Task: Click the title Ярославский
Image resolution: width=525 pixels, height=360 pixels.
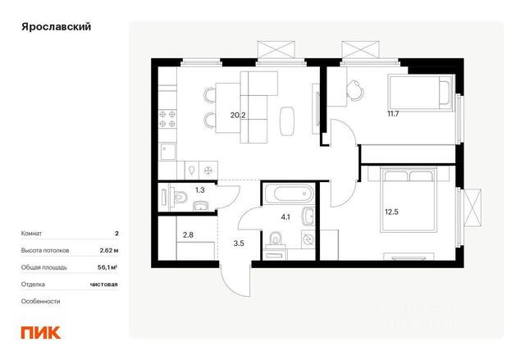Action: pyautogui.click(x=57, y=27)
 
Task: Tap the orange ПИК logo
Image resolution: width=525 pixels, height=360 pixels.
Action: pyautogui.click(x=41, y=333)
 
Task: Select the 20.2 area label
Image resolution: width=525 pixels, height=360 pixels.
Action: pyautogui.click(x=238, y=116)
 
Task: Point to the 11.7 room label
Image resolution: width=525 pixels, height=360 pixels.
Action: pyautogui.click(x=393, y=114)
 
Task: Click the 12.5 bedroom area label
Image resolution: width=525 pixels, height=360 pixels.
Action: pyautogui.click(x=391, y=212)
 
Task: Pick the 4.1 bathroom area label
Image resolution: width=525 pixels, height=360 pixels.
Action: pyautogui.click(x=285, y=217)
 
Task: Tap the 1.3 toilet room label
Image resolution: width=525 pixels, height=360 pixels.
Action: pyautogui.click(x=200, y=190)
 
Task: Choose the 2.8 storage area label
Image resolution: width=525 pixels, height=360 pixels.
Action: pyautogui.click(x=188, y=235)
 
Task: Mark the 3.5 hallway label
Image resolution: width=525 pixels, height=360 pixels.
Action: pyautogui.click(x=239, y=244)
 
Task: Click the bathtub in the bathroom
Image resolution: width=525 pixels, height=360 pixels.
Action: pyautogui.click(x=289, y=194)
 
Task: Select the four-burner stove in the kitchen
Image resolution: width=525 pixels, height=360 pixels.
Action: pyautogui.click(x=167, y=119)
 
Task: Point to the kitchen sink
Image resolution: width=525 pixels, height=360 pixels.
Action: pyautogui.click(x=167, y=152)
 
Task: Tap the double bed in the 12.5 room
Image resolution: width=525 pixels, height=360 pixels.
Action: pyautogui.click(x=409, y=200)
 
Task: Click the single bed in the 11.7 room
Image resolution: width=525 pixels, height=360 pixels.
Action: pyautogui.click(x=421, y=93)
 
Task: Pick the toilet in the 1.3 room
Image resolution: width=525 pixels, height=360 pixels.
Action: pyautogui.click(x=180, y=197)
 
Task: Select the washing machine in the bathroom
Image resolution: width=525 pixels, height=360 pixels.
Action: pyautogui.click(x=308, y=239)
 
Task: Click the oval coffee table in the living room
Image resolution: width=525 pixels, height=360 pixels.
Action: pyautogui.click(x=287, y=121)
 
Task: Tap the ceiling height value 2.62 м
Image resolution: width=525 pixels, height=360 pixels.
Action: pyautogui.click(x=109, y=250)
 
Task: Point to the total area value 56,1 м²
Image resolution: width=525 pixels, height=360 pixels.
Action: pyautogui.click(x=107, y=267)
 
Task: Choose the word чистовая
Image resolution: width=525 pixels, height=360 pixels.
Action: pyautogui.click(x=104, y=285)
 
